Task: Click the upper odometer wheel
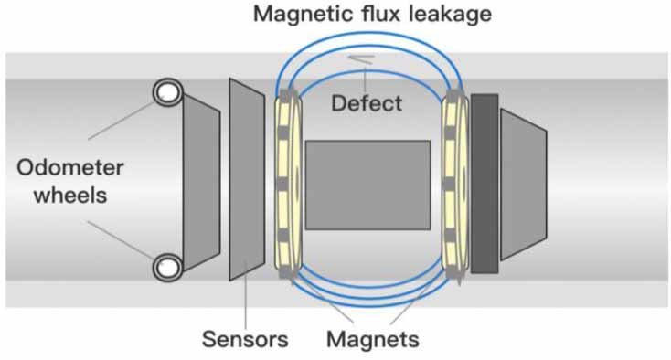[x=167, y=91]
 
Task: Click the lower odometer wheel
[x=167, y=266]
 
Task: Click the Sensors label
[x=244, y=340]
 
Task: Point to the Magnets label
[x=372, y=340]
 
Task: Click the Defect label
[x=366, y=103]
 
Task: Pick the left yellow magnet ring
[x=285, y=183]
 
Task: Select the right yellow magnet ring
[x=453, y=183]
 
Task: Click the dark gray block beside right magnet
[x=484, y=183]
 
